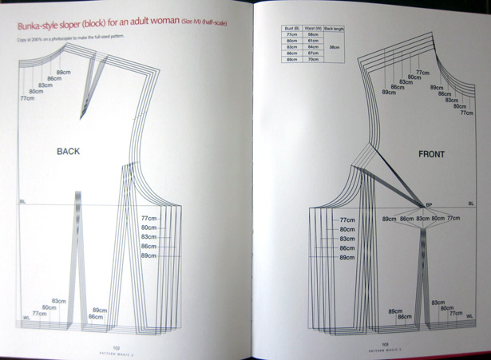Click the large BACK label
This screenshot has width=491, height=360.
click(69, 151)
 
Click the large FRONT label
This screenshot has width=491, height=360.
click(431, 153)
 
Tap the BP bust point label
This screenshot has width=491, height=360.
click(428, 205)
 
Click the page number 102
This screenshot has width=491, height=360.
click(116, 346)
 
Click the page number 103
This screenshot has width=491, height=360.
click(385, 345)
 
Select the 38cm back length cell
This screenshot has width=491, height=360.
click(334, 47)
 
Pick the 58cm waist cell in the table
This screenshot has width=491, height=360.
click(314, 35)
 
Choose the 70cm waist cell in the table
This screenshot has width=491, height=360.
click(314, 60)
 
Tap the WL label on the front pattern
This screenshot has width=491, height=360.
click(469, 317)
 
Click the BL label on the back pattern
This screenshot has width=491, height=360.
click(23, 203)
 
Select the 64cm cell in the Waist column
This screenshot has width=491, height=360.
click(314, 47)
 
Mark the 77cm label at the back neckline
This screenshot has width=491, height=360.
click(26, 99)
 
